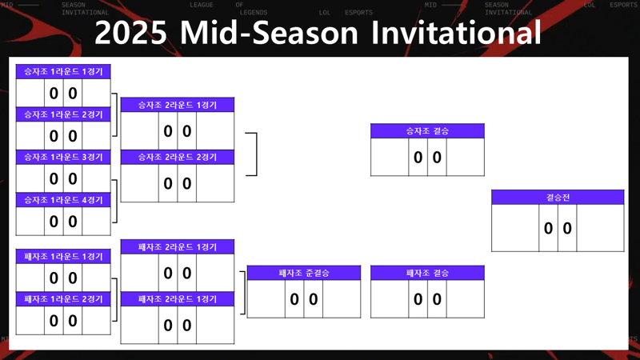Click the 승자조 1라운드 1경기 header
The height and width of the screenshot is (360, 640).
[x=63, y=71]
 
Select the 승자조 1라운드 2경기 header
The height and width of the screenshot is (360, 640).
[x=63, y=114]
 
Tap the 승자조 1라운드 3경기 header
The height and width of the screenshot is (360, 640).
[x=63, y=157]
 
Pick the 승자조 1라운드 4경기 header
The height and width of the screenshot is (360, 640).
[x=63, y=200]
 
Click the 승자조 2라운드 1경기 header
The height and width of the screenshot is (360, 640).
[x=178, y=105]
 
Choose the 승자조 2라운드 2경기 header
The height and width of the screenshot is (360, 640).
[x=178, y=157]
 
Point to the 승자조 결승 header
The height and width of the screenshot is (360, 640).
[x=427, y=131]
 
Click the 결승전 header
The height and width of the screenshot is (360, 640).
[x=558, y=198]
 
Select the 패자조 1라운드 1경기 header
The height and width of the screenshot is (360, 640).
[x=63, y=257]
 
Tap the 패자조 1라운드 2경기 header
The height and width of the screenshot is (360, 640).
[x=63, y=299]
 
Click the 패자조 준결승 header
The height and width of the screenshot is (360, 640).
[x=304, y=273]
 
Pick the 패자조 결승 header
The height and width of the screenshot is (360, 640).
[x=427, y=273]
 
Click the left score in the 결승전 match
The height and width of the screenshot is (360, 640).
[x=548, y=228]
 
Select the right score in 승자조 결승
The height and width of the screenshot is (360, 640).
[x=437, y=157]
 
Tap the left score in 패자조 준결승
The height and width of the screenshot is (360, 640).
[x=294, y=299]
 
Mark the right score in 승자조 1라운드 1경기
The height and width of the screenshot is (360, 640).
[x=73, y=94]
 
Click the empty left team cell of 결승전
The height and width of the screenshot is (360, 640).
[x=515, y=228]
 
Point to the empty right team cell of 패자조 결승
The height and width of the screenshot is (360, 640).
[x=466, y=299]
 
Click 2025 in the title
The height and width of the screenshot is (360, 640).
[x=130, y=33]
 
